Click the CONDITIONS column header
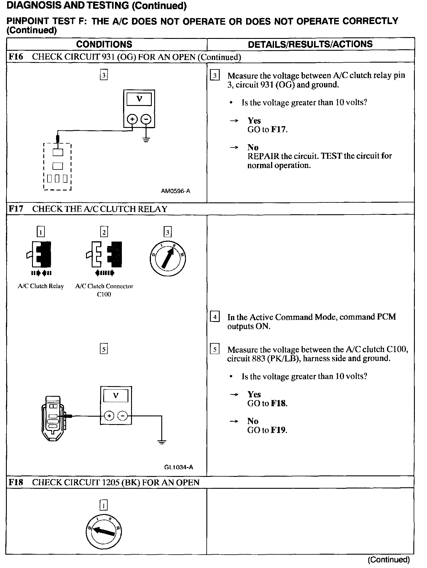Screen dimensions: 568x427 click(104, 44)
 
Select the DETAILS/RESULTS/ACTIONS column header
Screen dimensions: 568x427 click(310, 44)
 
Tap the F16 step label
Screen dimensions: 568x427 click(16, 57)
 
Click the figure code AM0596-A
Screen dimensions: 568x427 click(176, 191)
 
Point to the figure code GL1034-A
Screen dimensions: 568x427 click(179, 467)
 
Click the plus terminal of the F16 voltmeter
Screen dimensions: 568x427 click(132, 119)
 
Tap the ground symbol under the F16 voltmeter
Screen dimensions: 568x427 click(146, 139)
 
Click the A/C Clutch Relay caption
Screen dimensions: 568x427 click(41, 286)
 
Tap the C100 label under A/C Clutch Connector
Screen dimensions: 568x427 click(104, 295)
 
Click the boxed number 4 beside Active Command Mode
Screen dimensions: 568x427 click(215, 317)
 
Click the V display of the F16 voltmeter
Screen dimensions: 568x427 click(139, 99)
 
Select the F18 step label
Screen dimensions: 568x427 click(16, 482)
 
